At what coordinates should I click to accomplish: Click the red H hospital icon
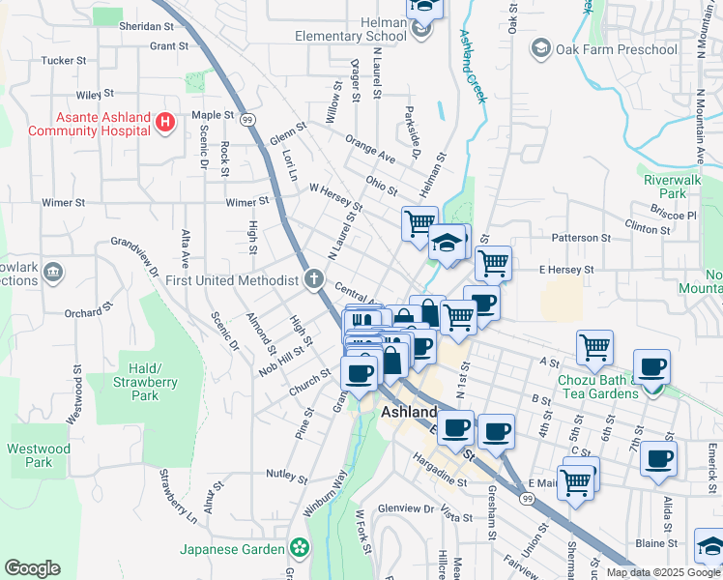(x=165, y=123)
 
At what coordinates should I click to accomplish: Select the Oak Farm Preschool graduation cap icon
(x=539, y=49)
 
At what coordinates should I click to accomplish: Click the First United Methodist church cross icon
(x=313, y=280)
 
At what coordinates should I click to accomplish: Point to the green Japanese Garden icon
(x=300, y=549)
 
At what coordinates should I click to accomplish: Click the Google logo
(x=32, y=568)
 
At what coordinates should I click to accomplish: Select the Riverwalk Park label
(x=666, y=186)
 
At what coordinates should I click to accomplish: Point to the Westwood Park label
(x=39, y=455)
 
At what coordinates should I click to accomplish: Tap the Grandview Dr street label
(x=134, y=256)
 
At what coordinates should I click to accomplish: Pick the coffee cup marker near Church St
(x=359, y=373)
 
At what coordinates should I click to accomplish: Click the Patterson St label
(x=581, y=237)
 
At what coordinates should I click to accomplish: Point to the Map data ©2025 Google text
(x=663, y=572)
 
